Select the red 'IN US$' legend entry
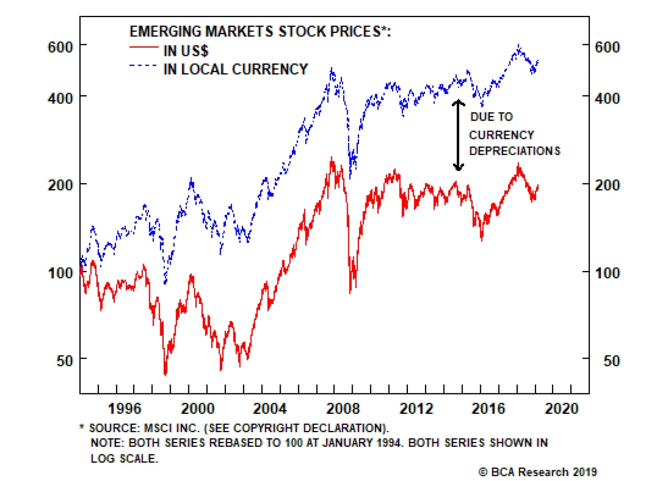coord(185,51)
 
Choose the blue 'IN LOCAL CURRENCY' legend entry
coord(235,69)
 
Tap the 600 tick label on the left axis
coord(61,47)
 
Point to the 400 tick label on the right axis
coord(607,99)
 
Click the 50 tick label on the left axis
coord(65,361)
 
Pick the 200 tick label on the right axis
coord(607,185)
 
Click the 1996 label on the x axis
coord(124,408)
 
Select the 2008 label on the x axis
coord(343,408)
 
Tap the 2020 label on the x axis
coord(562,408)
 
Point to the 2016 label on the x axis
coord(488,408)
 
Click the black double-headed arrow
coord(458,135)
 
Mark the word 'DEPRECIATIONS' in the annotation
coord(514,151)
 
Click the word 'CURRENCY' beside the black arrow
coord(501,135)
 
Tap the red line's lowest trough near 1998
coord(165,374)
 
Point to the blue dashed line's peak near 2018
coord(519,46)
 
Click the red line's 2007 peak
coord(332,159)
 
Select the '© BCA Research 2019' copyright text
coord(537,472)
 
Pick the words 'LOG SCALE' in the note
coord(124,458)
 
